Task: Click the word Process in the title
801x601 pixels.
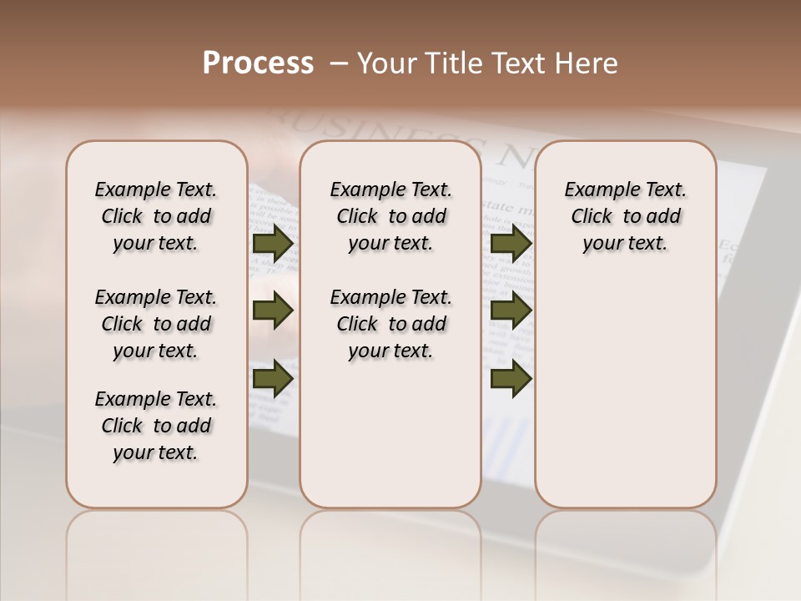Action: [x=258, y=63]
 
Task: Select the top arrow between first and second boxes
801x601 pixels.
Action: [x=273, y=244]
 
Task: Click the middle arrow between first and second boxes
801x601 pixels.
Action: [x=273, y=311]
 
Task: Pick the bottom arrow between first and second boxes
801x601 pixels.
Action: [x=273, y=379]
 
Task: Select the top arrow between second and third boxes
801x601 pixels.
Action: [x=511, y=244]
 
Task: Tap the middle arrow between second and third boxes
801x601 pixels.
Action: [x=511, y=311]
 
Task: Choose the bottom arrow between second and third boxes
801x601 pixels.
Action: [x=511, y=379]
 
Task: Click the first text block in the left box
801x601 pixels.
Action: [x=156, y=216]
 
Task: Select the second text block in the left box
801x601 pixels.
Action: [x=156, y=324]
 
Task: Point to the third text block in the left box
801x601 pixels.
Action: [x=156, y=426]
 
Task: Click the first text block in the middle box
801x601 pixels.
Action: [x=390, y=216]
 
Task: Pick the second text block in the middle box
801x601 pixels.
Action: [x=390, y=324]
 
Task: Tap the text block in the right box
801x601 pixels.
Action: [x=625, y=216]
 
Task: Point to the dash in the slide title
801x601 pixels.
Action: [x=339, y=63]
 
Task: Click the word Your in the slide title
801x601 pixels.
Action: [x=386, y=63]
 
